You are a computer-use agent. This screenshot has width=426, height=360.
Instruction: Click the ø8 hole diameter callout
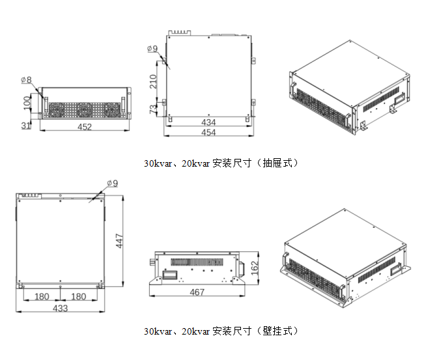tap(27, 80)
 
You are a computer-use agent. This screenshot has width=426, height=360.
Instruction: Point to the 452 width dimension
tap(85, 128)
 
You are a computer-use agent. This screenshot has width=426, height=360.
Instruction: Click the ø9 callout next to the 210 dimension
tap(152, 48)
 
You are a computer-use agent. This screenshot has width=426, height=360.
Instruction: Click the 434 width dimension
tap(208, 122)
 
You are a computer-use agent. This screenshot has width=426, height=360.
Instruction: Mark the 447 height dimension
tap(119, 242)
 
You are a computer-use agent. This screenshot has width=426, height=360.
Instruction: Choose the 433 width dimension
tap(61, 308)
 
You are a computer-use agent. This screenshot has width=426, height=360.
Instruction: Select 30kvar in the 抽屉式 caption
tap(157, 163)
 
